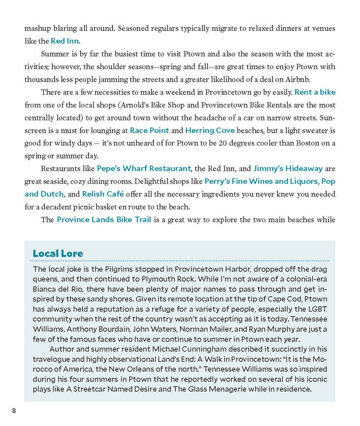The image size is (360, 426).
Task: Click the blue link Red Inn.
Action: coord(66,41)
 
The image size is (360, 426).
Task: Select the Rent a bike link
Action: coord(315,92)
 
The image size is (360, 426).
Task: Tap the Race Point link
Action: coord(149,130)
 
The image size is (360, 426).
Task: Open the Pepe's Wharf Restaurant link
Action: coord(144,168)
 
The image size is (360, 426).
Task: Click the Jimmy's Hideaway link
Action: coord(288,168)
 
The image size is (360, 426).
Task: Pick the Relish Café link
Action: coord(103,194)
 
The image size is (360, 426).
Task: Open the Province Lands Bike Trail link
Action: coord(104,219)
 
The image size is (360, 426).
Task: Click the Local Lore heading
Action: coord(58,253)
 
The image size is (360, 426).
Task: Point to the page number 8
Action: coord(14,411)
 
